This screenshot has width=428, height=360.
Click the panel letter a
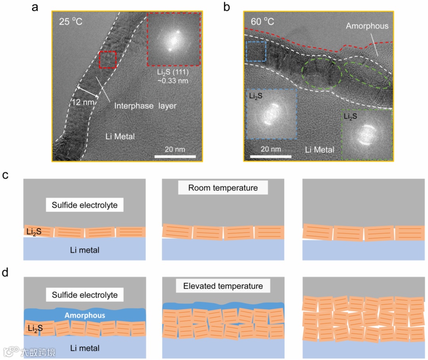click(35, 7)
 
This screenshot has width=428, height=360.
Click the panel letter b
click(227, 7)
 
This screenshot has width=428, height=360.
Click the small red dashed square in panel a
click(107, 60)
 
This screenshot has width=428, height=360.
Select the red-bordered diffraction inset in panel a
click(174, 39)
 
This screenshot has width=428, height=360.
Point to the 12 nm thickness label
click(83, 102)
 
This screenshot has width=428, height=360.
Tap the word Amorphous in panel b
click(367, 26)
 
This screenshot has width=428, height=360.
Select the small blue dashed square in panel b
click(256, 51)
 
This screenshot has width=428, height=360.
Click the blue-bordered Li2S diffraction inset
click(271, 114)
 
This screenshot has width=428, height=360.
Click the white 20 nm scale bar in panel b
click(271, 157)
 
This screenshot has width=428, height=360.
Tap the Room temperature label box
click(223, 188)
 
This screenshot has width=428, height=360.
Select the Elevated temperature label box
click(223, 286)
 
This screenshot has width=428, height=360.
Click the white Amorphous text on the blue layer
click(85, 315)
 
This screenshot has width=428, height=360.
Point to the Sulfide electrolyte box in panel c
click(85, 206)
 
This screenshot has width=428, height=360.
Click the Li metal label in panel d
click(85, 349)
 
